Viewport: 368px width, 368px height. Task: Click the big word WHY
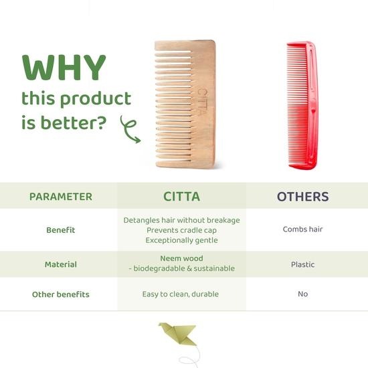point(64,68)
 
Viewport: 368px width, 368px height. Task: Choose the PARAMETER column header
point(60,197)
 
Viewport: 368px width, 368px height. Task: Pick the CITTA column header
point(181,197)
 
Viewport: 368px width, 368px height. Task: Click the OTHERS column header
point(302,197)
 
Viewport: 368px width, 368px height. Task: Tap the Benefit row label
point(60,229)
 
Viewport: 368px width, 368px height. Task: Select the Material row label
point(60,264)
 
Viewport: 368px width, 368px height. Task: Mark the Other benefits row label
point(60,294)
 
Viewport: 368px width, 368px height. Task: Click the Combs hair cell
point(302,229)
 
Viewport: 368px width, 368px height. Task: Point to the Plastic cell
point(302,264)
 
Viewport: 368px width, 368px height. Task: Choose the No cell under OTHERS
point(302,294)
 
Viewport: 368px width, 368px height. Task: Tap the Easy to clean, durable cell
point(181,294)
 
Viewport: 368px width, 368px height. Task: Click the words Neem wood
point(181,258)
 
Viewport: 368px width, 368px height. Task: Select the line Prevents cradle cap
point(181,229)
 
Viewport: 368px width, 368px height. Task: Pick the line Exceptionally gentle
point(181,240)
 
